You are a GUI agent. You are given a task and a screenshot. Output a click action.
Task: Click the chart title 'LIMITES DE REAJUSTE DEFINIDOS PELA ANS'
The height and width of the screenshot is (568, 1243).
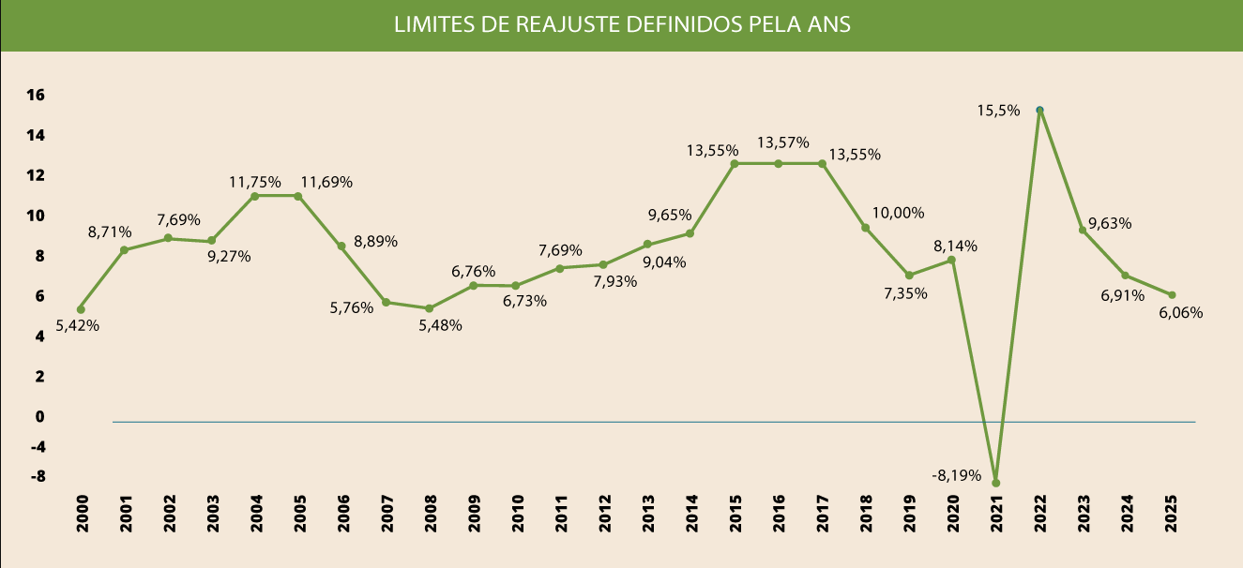tap(621, 24)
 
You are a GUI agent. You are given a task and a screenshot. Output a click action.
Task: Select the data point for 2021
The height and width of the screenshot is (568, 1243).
tap(995, 483)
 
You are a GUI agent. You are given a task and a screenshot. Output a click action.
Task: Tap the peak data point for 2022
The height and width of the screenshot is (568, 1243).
tap(1039, 110)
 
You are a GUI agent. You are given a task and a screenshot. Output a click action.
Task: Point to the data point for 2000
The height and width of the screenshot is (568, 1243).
tap(81, 309)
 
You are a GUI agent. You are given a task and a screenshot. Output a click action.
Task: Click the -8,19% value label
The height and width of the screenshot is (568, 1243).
tap(956, 475)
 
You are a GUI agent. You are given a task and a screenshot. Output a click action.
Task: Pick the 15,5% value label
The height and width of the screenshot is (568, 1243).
tap(998, 110)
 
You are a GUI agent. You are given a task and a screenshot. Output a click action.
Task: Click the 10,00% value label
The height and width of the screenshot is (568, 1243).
tap(898, 213)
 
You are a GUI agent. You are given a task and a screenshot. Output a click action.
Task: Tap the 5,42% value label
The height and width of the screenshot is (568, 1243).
tap(78, 326)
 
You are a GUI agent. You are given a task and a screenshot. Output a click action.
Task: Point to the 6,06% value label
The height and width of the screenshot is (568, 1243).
tap(1180, 312)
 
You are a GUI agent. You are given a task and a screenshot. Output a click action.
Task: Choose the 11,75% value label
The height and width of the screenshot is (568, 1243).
tap(254, 182)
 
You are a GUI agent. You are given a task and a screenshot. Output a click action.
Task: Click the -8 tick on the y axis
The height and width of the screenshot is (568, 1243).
tap(37, 476)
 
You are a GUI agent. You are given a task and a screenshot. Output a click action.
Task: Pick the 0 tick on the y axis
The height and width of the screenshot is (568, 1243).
tap(39, 416)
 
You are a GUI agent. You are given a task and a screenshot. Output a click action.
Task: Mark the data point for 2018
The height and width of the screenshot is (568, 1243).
tap(865, 228)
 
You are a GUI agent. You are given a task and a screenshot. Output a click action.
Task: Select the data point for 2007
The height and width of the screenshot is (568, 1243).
tap(386, 302)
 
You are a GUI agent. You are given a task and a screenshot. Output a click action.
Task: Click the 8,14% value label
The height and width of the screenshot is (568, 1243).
tap(955, 247)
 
